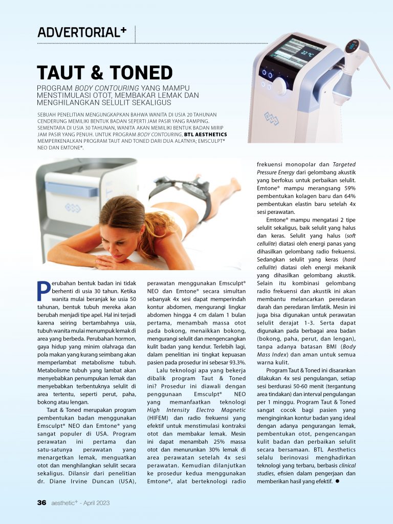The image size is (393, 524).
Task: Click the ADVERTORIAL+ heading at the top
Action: (x=82, y=32)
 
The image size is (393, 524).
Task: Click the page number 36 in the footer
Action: (x=42, y=503)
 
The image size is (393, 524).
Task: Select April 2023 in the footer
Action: (x=95, y=503)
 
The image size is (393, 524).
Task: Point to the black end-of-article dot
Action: (x=338, y=482)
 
